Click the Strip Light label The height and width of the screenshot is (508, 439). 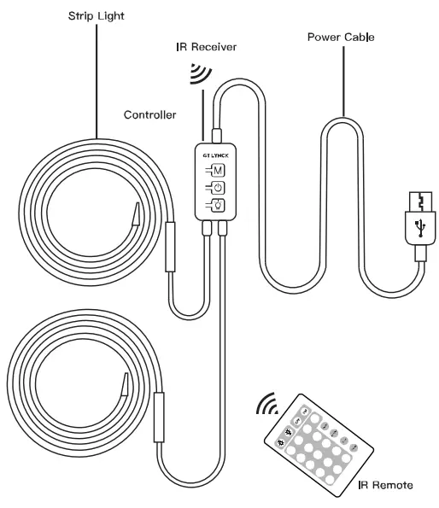coord(97,16)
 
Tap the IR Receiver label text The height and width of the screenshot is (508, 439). coord(207,47)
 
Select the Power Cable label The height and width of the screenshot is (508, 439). coord(341,37)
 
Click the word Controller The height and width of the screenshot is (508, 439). coord(150,114)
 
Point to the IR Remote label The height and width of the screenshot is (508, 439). coord(385,485)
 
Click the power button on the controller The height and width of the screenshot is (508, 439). coord(219,188)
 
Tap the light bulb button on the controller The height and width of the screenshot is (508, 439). coord(219,205)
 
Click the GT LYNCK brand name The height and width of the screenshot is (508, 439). coord(216,155)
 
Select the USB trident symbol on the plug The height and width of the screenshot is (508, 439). coord(420,228)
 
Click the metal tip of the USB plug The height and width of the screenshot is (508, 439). coord(420,201)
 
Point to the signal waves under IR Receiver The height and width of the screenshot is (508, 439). coord(201,73)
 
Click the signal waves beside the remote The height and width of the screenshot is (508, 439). coord(267,404)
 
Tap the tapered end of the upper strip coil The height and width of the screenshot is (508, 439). coord(137,213)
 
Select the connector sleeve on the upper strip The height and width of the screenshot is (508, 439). coord(171,247)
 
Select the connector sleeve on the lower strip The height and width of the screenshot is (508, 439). coord(159,417)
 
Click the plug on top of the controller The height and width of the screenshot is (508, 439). coord(216,136)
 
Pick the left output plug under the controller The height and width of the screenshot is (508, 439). coord(207,228)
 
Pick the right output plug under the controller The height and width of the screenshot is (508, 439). coord(223,228)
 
